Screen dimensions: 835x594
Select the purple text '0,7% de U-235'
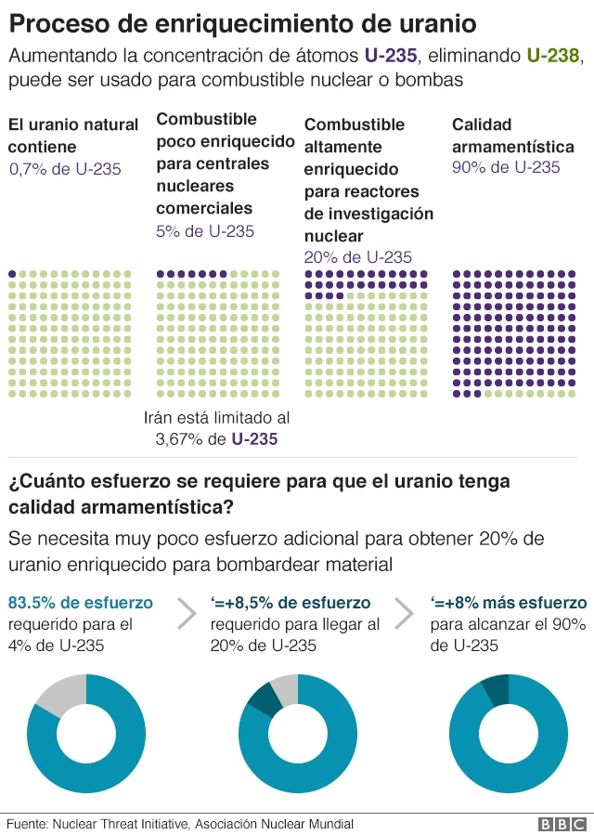[x=65, y=169]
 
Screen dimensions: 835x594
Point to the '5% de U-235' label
[x=204, y=231]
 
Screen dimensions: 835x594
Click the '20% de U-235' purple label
[x=357, y=257]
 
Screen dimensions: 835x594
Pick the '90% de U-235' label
[x=506, y=167]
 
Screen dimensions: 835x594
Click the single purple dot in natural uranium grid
[x=12, y=274]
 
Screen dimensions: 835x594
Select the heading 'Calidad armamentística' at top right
[x=512, y=136]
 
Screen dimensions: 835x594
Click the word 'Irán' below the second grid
[x=161, y=418]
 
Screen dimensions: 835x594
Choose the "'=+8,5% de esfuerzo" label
[x=291, y=602]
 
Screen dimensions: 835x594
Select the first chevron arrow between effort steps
[x=187, y=613]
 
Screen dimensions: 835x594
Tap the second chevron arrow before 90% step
[x=406, y=613]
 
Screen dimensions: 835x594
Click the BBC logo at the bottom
[x=562, y=824]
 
